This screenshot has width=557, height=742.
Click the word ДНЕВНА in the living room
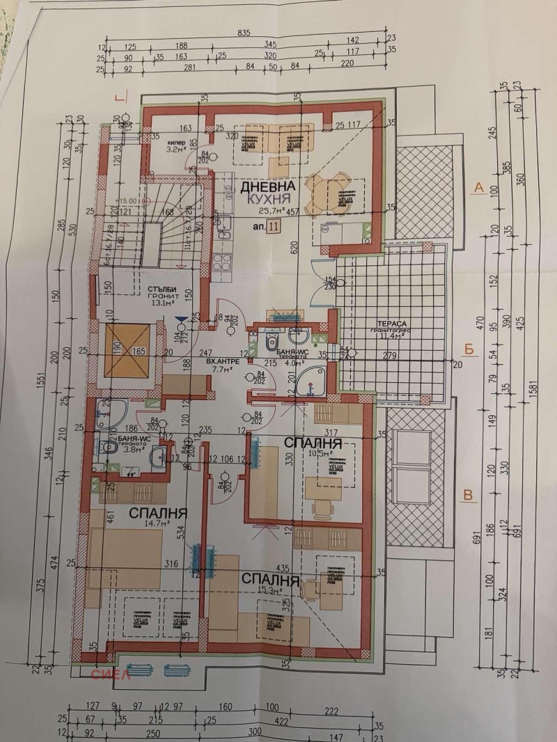268,187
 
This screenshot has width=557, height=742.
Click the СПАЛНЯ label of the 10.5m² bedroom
312,443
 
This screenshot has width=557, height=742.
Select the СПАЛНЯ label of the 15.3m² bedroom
271,578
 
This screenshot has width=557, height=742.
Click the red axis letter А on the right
478,187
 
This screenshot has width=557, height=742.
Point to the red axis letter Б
471,349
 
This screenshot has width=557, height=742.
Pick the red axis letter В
469,496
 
